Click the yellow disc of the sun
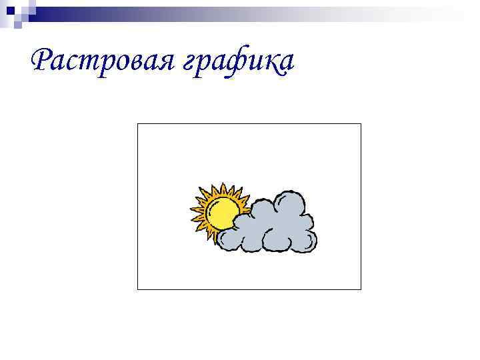[x=222, y=213]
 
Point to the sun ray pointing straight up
[x=223, y=189]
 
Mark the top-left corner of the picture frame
[x=137, y=124]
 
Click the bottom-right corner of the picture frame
[x=361, y=289]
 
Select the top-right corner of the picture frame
[x=361, y=124]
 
